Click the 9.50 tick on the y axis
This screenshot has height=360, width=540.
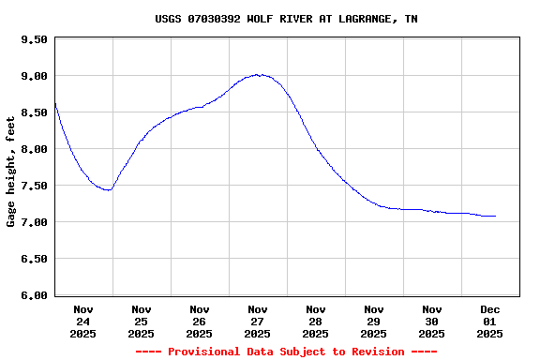click(x=34, y=39)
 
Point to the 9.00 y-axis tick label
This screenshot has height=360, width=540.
click(x=34, y=76)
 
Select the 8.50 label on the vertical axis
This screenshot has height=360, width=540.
click(x=34, y=112)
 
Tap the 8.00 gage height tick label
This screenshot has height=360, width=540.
click(x=34, y=149)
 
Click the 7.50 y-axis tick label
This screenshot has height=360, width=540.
click(x=34, y=186)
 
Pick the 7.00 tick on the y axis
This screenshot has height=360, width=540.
click(x=34, y=222)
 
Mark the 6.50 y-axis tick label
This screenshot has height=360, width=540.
click(x=34, y=259)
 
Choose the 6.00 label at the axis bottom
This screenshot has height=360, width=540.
click(x=34, y=295)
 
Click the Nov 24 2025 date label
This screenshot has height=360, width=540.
click(x=83, y=321)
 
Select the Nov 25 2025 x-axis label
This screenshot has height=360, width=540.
click(x=142, y=321)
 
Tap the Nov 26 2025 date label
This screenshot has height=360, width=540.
click(x=200, y=321)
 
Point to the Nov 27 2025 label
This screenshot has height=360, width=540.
click(x=258, y=321)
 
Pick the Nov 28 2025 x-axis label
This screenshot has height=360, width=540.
click(x=316, y=321)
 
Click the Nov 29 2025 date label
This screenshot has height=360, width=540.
click(x=374, y=321)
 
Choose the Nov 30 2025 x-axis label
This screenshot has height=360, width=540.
click(x=432, y=321)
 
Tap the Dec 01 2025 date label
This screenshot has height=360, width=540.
click(x=490, y=321)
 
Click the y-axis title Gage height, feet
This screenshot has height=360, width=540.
click(x=11, y=172)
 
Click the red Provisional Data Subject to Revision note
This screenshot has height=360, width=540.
click(x=286, y=352)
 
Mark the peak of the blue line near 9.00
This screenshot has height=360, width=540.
click(x=258, y=74)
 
